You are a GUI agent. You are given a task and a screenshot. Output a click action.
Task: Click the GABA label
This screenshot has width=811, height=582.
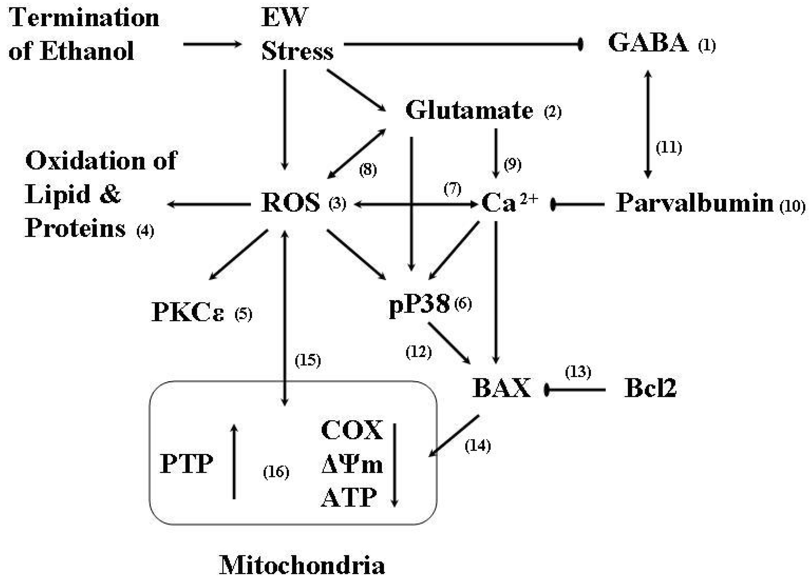click(x=648, y=43)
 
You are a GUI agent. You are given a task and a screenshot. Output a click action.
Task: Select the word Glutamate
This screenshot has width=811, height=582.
click(x=469, y=110)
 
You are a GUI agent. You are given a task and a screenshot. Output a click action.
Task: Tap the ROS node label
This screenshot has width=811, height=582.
click(x=290, y=203)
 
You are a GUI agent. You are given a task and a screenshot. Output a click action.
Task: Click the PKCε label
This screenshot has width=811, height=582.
click(x=187, y=312)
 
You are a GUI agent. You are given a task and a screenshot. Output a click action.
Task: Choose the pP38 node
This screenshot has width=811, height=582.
click(x=419, y=304)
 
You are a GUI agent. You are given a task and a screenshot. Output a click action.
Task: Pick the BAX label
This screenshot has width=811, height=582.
click(x=501, y=388)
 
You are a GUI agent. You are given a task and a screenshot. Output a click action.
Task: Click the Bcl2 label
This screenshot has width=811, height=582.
click(x=650, y=388)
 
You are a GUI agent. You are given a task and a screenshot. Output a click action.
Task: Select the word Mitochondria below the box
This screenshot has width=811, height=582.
click(x=302, y=565)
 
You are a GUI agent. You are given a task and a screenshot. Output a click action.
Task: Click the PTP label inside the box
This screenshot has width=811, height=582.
click(x=186, y=464)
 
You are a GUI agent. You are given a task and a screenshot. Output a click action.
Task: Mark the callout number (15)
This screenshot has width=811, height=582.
click(x=307, y=360)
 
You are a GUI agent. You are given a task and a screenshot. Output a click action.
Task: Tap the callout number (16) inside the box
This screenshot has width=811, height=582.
click(x=276, y=472)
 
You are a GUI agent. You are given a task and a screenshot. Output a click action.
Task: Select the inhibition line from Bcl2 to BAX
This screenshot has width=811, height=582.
click(x=576, y=389)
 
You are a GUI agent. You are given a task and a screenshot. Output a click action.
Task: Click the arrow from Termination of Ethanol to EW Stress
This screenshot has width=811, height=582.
click(x=212, y=44)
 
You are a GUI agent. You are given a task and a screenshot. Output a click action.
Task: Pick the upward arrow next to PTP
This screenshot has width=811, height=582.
click(x=234, y=461)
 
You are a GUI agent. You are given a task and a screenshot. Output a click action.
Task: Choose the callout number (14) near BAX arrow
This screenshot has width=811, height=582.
click(x=477, y=446)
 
